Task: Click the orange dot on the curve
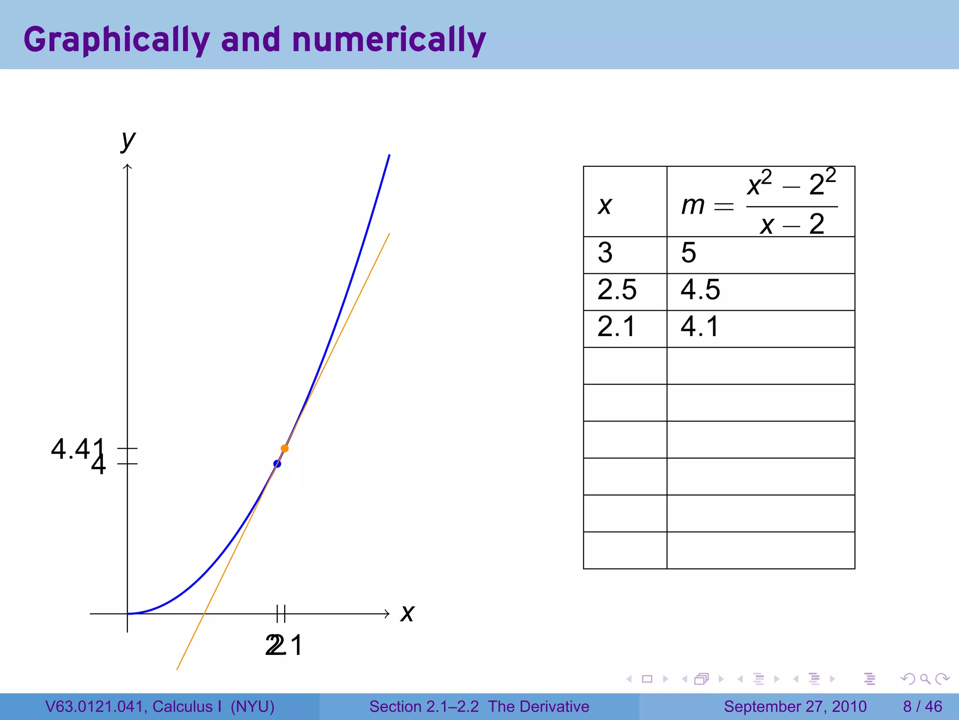(285, 449)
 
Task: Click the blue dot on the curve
(277, 464)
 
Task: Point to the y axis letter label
(128, 140)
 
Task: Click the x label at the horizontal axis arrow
(407, 613)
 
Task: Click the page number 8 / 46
(922, 706)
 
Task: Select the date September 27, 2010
(795, 706)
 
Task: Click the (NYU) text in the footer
(252, 706)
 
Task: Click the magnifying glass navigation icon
(925, 679)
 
